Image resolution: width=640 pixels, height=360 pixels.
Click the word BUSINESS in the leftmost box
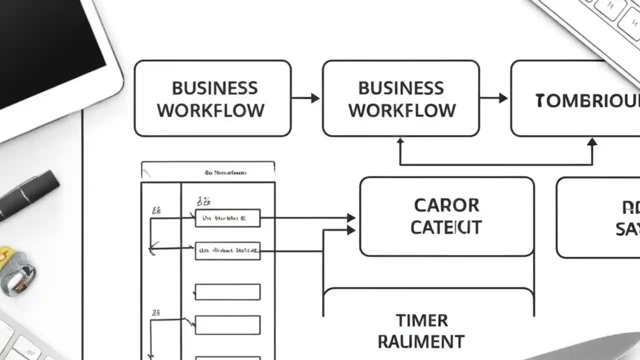pos(214,88)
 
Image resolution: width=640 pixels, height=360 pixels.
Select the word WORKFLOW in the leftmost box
pos(211,110)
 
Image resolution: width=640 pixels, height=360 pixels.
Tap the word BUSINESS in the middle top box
pos(401,88)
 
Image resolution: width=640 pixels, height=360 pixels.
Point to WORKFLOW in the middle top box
pos(402,110)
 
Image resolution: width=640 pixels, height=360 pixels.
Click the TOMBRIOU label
pos(587,101)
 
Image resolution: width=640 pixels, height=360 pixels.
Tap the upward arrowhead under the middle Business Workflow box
pos(400,142)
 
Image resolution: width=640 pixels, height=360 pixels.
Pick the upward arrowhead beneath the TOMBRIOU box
pos(592,142)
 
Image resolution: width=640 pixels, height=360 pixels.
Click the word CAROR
pos(446,205)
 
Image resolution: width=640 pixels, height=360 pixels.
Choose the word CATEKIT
pos(446,227)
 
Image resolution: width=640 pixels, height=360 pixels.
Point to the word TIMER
pos(421,320)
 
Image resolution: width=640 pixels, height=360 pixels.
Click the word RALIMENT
pos(421,342)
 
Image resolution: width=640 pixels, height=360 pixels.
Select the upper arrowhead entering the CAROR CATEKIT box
pos(351,218)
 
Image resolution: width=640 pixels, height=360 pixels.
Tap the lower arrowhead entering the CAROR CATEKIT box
pos(351,230)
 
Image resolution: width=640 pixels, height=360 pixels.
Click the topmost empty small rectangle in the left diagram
pos(227,292)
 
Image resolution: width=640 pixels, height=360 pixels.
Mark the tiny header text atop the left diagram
pos(225,173)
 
